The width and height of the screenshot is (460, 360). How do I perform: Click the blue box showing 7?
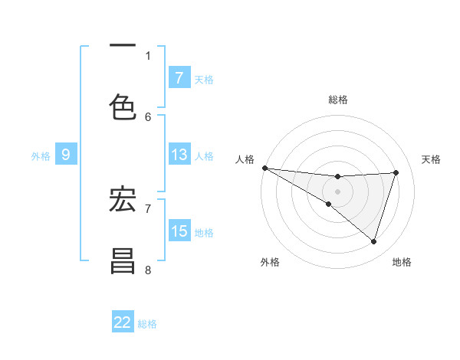(x=179, y=77)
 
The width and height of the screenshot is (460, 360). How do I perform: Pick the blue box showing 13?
(x=179, y=155)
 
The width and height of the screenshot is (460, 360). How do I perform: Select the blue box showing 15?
(x=179, y=231)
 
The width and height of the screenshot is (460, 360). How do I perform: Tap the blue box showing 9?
(x=66, y=155)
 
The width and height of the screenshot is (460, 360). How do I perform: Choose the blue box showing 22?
(x=123, y=322)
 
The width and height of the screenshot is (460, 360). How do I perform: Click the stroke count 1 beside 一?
(x=148, y=55)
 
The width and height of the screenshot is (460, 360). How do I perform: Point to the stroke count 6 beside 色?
(x=148, y=116)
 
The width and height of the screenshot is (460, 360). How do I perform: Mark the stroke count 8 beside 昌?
(x=148, y=270)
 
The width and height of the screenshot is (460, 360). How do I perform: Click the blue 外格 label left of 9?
(x=41, y=155)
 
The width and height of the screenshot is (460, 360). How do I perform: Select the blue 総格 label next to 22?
(x=147, y=323)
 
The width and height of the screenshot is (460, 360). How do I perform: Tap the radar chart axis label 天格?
(x=432, y=159)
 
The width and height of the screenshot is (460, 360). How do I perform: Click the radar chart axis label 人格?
(x=245, y=159)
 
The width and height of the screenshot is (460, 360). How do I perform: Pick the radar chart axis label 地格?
(x=402, y=262)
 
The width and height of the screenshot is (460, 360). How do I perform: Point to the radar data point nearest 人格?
(x=264, y=168)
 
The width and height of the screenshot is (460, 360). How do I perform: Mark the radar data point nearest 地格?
(x=373, y=241)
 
